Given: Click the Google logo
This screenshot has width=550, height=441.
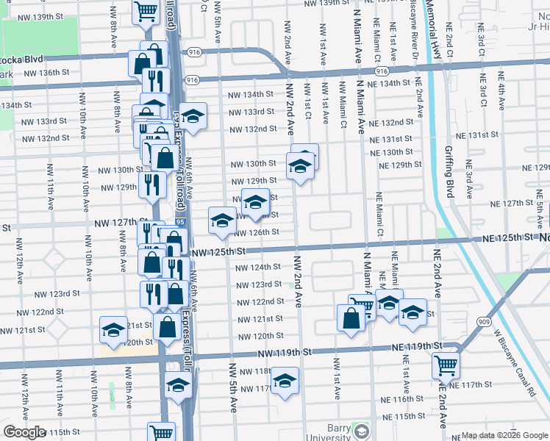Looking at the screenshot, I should click(24, 432).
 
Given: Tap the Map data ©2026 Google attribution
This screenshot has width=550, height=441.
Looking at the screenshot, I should click(504, 435).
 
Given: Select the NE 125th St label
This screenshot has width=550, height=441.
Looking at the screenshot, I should click(507, 237).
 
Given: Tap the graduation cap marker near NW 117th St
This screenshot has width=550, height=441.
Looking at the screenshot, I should click(285, 380).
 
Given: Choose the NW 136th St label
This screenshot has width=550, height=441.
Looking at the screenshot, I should click(46, 73).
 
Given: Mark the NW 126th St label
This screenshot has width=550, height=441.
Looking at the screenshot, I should click(257, 232).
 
